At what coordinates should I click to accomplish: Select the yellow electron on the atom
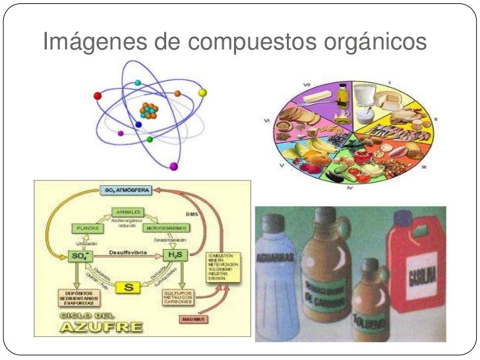202,92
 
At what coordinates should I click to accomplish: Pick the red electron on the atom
98,96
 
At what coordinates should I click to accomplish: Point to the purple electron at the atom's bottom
174,167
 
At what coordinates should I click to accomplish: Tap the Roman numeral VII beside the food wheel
307,85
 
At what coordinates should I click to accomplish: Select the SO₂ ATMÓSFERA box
127,190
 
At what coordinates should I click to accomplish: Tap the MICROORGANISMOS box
165,227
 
